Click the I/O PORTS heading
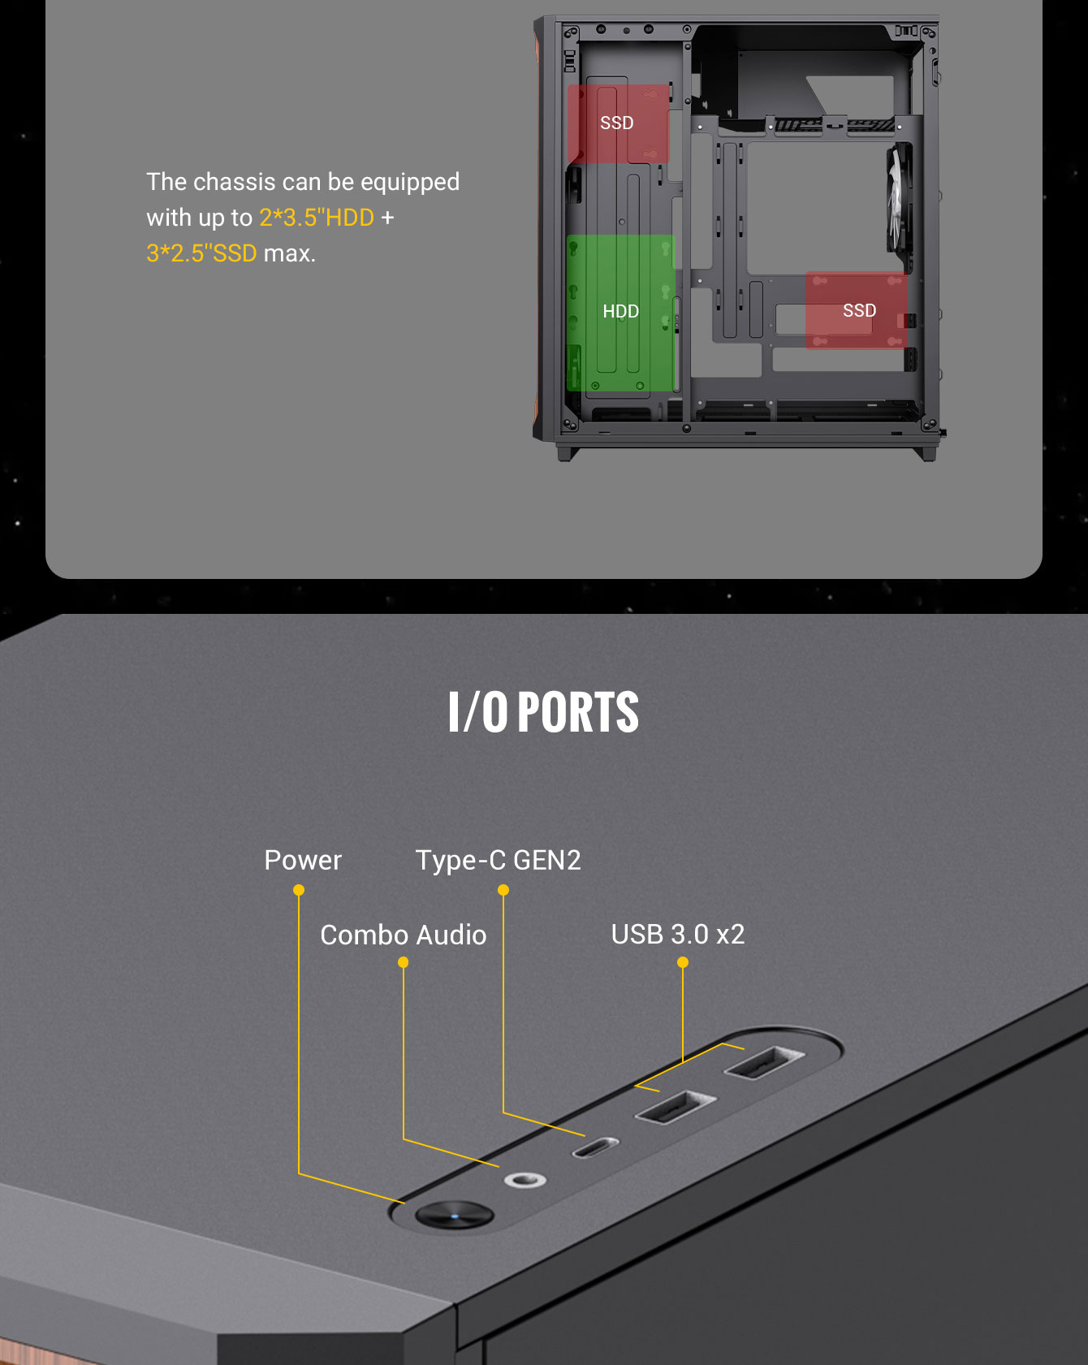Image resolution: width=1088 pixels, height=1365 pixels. (543, 712)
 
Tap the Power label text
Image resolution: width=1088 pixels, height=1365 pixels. (303, 860)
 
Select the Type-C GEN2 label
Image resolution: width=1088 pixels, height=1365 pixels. (499, 861)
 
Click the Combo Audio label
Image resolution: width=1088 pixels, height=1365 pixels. (404, 935)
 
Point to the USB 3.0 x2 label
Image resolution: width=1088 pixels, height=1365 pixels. (678, 934)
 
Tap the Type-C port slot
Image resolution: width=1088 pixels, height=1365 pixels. (596, 1148)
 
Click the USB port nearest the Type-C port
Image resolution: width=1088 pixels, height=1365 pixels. (676, 1107)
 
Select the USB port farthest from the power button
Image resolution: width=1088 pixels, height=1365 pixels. (764, 1062)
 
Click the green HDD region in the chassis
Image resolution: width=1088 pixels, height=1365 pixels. (620, 313)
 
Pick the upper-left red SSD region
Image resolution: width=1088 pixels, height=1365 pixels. (618, 123)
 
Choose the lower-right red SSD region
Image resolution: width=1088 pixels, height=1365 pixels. (856, 310)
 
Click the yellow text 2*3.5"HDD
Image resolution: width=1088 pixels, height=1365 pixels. (317, 218)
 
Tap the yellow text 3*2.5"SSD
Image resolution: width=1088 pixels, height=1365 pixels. (201, 253)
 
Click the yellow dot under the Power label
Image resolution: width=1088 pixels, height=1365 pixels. (299, 890)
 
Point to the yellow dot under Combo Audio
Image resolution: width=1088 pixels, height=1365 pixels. (403, 962)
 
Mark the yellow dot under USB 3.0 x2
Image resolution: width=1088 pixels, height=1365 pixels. (683, 962)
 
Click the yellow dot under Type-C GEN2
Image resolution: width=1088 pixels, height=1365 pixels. (503, 890)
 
